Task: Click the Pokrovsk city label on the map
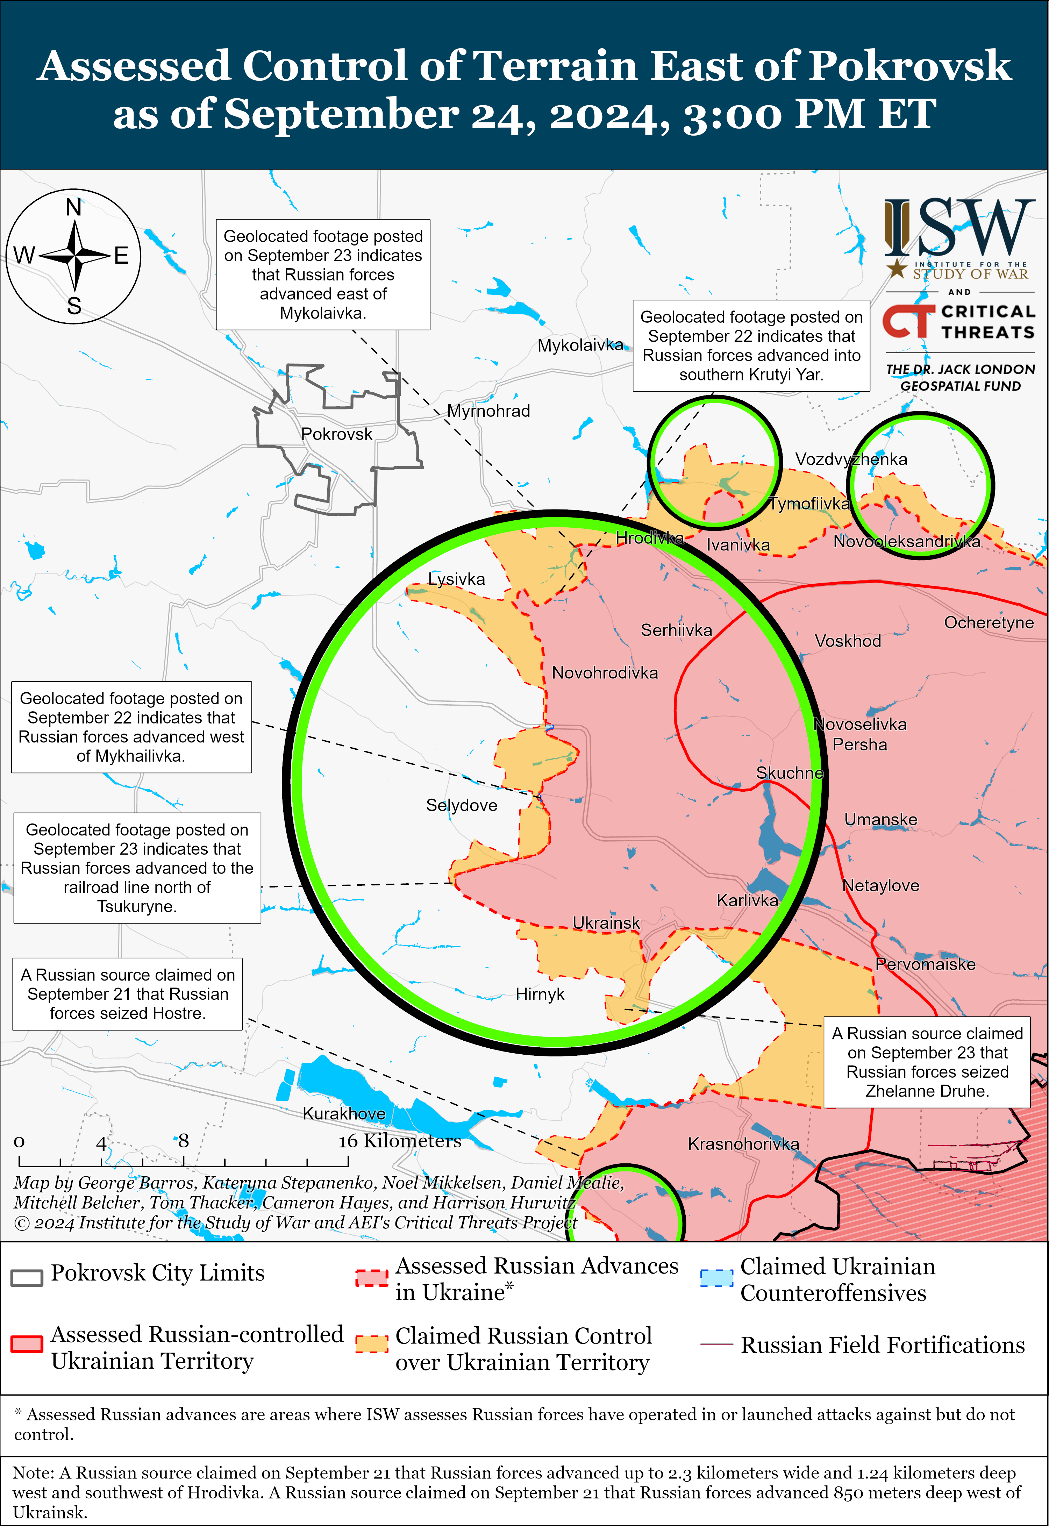pos(336,434)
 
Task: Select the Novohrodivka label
pos(605,673)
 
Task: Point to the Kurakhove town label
pos(344,1113)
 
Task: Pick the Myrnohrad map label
pos(488,412)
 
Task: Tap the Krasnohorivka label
pos(743,1144)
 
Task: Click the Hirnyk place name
pos(540,994)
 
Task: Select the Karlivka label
pos(747,900)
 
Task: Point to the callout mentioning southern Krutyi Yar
pos(751,346)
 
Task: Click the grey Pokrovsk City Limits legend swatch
pos(27,1277)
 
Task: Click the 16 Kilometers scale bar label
pos(400,1141)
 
